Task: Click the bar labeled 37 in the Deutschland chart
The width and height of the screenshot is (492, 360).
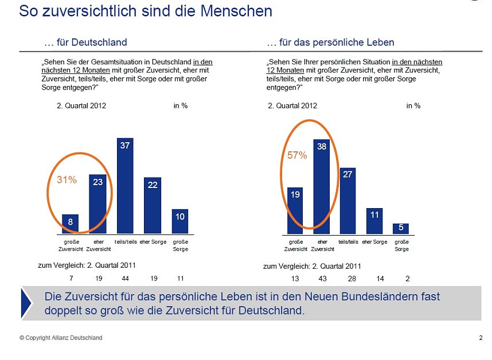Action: (125, 186)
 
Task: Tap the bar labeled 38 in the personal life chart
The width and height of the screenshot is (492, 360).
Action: (322, 187)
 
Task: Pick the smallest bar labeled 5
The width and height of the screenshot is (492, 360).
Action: (401, 228)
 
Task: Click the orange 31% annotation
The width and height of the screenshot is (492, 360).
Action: (67, 180)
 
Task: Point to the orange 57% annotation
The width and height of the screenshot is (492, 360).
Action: (297, 155)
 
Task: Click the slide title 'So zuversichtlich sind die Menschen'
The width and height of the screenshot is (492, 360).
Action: (146, 11)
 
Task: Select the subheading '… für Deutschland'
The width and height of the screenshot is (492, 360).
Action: (85, 42)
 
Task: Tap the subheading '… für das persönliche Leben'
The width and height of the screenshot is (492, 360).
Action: (330, 42)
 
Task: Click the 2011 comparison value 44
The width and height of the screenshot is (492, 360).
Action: (125, 278)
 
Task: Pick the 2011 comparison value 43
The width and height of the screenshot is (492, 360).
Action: (322, 278)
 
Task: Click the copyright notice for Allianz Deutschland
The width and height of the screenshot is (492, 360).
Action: (61, 338)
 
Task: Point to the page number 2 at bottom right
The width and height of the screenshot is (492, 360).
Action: (481, 338)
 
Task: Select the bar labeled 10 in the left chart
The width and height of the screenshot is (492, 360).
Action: (180, 221)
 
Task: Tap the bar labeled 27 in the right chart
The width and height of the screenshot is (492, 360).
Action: (347, 201)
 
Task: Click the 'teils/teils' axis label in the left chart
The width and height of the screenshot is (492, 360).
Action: (125, 242)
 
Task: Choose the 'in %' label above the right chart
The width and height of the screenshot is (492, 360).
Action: (413, 105)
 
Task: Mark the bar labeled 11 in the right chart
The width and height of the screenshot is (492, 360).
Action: (374, 221)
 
